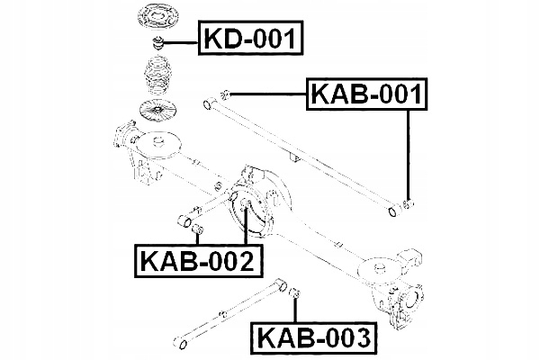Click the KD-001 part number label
pos(254,38)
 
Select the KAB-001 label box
pos(366,94)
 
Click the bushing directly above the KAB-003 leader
pos(292,292)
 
